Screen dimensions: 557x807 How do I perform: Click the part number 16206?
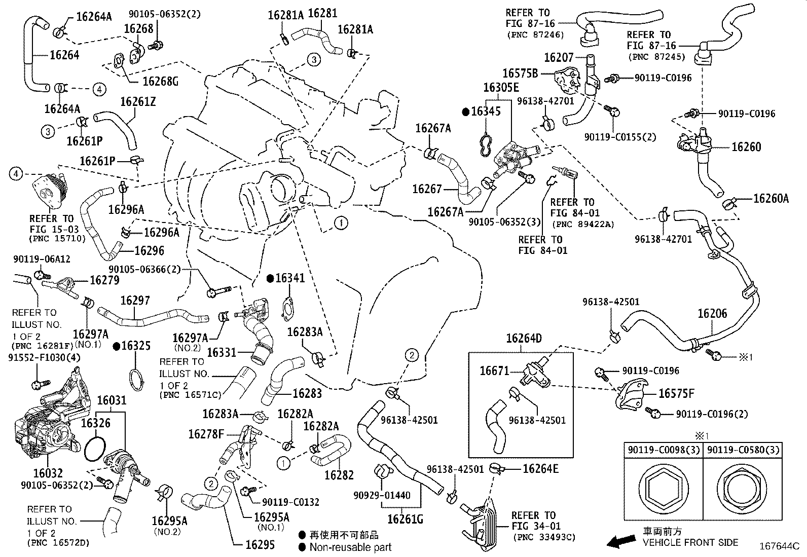[x=712, y=314]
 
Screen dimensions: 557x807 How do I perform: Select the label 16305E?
[x=501, y=88]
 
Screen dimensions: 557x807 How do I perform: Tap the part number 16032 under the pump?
[x=48, y=473]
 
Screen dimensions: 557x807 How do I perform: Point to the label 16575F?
[x=676, y=393]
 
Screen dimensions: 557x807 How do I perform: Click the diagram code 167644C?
[x=779, y=547]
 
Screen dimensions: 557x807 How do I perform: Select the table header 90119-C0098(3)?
[x=663, y=450]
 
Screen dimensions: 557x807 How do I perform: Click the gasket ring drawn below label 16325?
[x=136, y=380]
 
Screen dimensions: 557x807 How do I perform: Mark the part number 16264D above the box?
[x=524, y=338]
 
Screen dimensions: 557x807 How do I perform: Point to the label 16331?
[x=222, y=352]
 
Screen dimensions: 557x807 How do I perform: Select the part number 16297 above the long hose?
[x=135, y=301]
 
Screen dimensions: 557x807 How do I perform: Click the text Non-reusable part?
[x=350, y=547]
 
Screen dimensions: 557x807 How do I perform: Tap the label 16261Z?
[x=137, y=102]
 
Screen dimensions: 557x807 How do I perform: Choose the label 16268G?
[x=161, y=81]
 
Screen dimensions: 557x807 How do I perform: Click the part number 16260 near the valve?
[x=746, y=147]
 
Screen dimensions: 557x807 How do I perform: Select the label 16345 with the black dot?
[x=485, y=111]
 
